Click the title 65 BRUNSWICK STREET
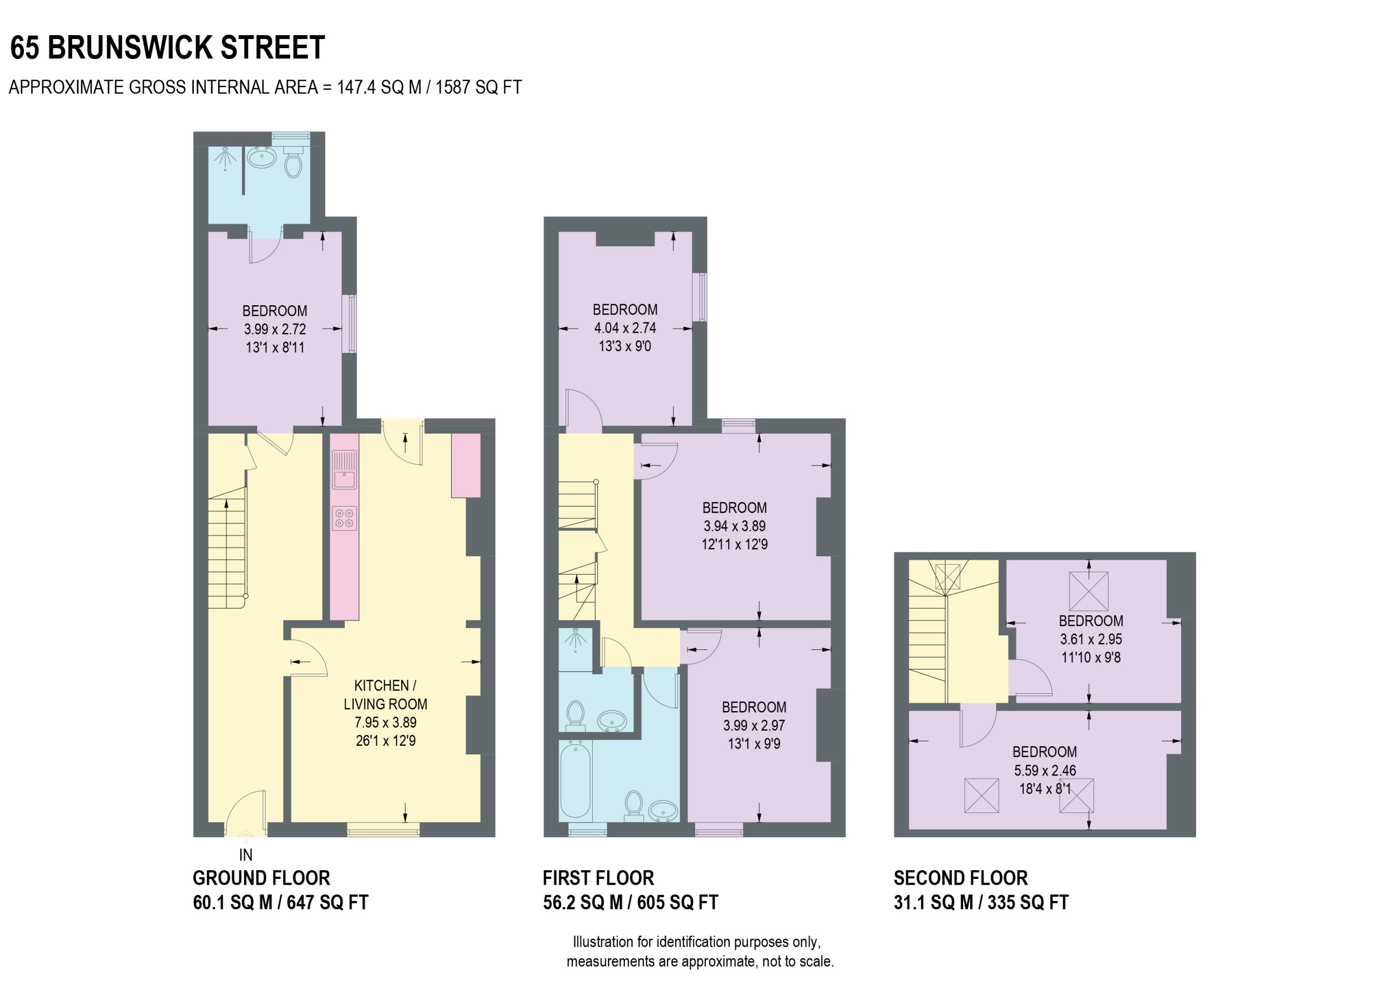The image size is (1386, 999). (x=167, y=48)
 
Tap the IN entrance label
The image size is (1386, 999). (x=246, y=855)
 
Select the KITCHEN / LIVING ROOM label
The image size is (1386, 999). (x=385, y=695)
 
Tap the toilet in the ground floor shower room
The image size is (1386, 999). (x=293, y=160)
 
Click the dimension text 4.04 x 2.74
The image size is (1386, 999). (x=625, y=328)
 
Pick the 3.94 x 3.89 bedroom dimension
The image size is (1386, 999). (x=735, y=526)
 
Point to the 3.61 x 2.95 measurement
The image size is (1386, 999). (x=1091, y=640)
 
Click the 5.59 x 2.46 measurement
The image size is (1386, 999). (x=1045, y=771)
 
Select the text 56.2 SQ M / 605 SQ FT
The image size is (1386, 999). (x=631, y=903)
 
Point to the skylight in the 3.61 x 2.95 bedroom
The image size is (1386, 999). (x=1088, y=591)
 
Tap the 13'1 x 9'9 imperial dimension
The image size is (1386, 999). (x=754, y=744)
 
